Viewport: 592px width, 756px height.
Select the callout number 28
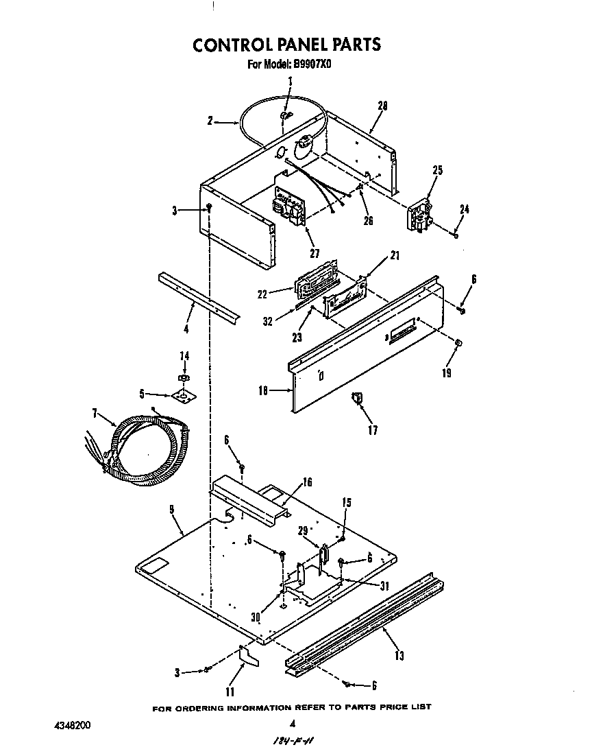[383, 106]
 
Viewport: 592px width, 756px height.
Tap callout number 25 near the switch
[438, 170]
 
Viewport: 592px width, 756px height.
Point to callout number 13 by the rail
[399, 656]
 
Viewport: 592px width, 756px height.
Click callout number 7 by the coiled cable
[95, 414]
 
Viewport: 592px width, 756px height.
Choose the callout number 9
[171, 509]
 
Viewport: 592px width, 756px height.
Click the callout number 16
[307, 482]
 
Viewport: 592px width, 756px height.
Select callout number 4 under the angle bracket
[186, 329]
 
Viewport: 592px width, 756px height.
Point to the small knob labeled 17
[356, 397]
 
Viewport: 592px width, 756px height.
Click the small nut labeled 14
[184, 378]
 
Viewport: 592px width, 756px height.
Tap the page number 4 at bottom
[293, 722]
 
